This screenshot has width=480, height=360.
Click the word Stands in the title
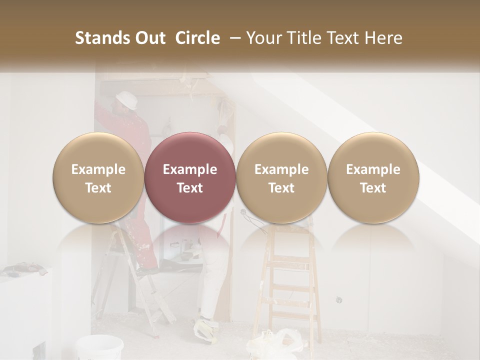102,38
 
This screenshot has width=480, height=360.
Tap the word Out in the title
149,38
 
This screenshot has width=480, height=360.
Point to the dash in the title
233,38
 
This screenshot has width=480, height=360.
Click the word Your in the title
263,38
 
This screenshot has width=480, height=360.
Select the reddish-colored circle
190,178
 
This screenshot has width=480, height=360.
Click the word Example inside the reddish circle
190,169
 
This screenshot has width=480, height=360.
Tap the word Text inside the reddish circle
190,188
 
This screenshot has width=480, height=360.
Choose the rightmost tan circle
373,178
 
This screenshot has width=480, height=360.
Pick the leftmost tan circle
98,178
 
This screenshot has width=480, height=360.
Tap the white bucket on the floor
100,348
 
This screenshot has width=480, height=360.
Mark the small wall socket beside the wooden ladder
338,299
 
